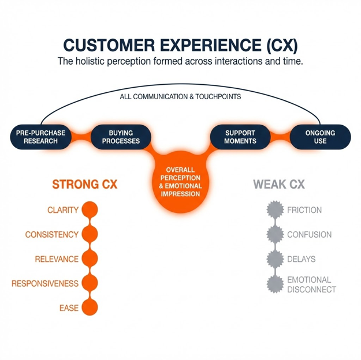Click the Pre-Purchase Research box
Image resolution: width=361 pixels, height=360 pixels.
click(41, 137)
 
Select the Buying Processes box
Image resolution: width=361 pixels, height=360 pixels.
click(120, 137)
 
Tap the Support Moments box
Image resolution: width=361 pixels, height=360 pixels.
click(240, 137)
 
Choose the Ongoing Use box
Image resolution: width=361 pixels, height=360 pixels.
click(320, 137)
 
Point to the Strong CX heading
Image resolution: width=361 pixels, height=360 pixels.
click(84, 185)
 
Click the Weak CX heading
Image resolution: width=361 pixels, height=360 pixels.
click(279, 185)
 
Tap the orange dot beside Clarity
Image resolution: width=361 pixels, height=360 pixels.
click(90, 210)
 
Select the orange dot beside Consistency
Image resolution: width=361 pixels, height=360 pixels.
click(90, 235)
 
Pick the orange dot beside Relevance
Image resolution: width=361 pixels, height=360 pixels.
click(90, 259)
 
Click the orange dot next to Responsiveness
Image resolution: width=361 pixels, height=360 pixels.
click(90, 283)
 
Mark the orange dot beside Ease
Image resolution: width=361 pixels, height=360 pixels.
click(90, 308)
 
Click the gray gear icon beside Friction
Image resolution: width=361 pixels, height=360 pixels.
click(275, 210)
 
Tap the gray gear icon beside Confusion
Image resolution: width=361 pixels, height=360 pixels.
click(275, 235)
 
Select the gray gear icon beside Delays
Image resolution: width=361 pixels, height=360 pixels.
click(275, 259)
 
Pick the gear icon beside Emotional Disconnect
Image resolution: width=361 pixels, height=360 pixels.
click(275, 284)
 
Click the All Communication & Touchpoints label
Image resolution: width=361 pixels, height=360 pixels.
click(180, 97)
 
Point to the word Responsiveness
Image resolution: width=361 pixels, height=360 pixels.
click(45, 284)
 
